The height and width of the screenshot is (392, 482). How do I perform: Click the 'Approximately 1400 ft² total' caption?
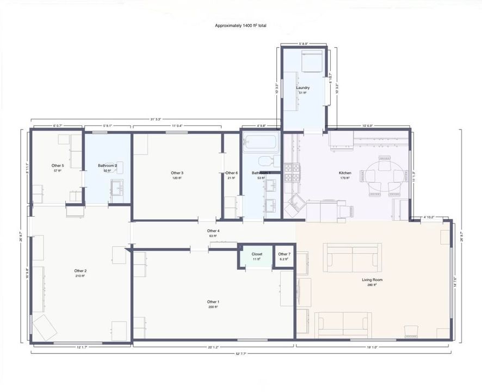pyautogui.click(x=240, y=26)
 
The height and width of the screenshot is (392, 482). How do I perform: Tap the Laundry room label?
pyautogui.click(x=303, y=88)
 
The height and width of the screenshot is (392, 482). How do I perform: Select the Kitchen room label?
pyautogui.click(x=345, y=173)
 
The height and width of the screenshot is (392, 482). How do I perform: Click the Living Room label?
pyautogui.click(x=373, y=280)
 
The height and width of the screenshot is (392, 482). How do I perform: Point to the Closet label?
pyautogui.click(x=257, y=254)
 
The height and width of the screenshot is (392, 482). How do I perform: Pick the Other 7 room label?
pyautogui.click(x=284, y=254)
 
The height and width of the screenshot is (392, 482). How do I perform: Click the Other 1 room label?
pyautogui.click(x=213, y=302)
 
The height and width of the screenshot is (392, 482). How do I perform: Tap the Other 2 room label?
pyautogui.click(x=81, y=271)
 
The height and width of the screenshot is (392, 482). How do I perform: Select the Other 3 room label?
pyautogui.click(x=176, y=173)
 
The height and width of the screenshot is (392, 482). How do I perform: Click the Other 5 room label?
pyautogui.click(x=58, y=166)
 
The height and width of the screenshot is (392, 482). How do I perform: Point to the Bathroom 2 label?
pyautogui.click(x=108, y=166)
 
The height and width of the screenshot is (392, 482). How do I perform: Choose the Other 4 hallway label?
pyautogui.click(x=213, y=231)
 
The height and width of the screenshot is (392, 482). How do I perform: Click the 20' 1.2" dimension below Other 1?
pyautogui.click(x=214, y=347)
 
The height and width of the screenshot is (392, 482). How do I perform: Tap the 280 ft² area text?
pyautogui.click(x=373, y=285)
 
